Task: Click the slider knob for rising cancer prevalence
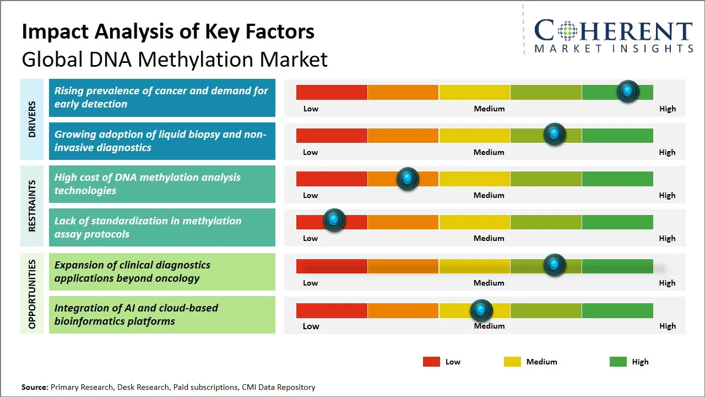(628, 92)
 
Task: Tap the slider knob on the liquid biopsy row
(555, 135)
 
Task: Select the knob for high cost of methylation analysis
(408, 179)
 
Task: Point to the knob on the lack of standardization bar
(334, 221)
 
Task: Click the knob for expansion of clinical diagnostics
(555, 265)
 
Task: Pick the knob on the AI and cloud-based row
(481, 310)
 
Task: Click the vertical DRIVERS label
(32, 120)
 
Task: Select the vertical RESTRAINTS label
(32, 206)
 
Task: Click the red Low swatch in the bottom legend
(431, 362)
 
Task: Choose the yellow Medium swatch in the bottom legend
(512, 362)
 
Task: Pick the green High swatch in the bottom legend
(618, 362)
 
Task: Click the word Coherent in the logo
(613, 30)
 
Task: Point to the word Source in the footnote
(34, 388)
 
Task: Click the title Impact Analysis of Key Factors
(168, 31)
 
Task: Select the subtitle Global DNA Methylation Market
(175, 59)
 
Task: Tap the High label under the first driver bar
(668, 109)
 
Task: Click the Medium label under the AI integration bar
(489, 326)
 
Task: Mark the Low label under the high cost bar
(311, 195)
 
